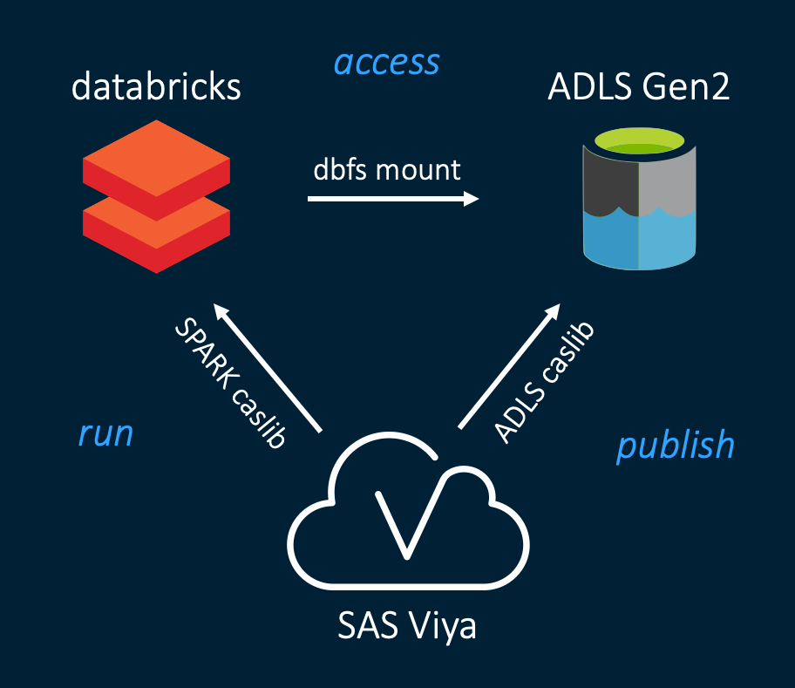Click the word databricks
point(156,87)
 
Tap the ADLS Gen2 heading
point(638,87)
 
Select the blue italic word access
point(387,63)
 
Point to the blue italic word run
point(105,433)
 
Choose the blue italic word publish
point(676,445)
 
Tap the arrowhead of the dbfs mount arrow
point(472,199)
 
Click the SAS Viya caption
point(407,627)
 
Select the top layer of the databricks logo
point(156,161)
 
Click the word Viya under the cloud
point(444,627)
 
